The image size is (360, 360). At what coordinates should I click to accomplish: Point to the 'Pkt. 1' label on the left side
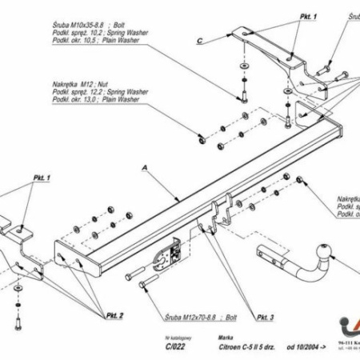[42, 177]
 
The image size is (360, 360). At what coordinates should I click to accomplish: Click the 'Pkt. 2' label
[114, 315]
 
